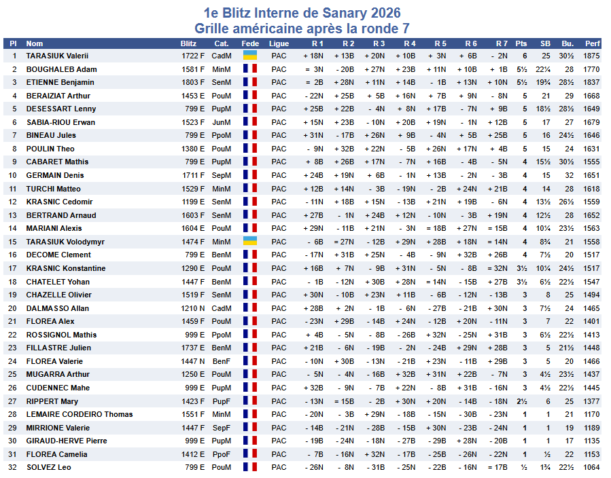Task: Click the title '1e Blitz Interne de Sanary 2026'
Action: pos(302,13)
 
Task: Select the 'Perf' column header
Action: pos(592,43)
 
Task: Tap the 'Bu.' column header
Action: pos(568,43)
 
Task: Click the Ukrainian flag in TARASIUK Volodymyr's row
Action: pos(250,242)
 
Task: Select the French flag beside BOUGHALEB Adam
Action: pos(250,69)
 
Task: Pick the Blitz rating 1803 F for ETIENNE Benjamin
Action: pos(193,82)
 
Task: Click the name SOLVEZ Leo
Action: pos(48,467)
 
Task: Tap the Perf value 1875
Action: pos(591,56)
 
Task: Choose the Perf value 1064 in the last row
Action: pos(591,467)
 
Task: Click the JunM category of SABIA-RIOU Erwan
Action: pos(222,122)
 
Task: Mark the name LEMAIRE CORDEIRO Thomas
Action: pos(80,414)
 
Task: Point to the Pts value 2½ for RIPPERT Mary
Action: pos(521,401)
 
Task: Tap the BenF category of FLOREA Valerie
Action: pos(222,361)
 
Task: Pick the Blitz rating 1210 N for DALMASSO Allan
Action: pos(193,308)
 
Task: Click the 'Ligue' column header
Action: pos(279,43)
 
